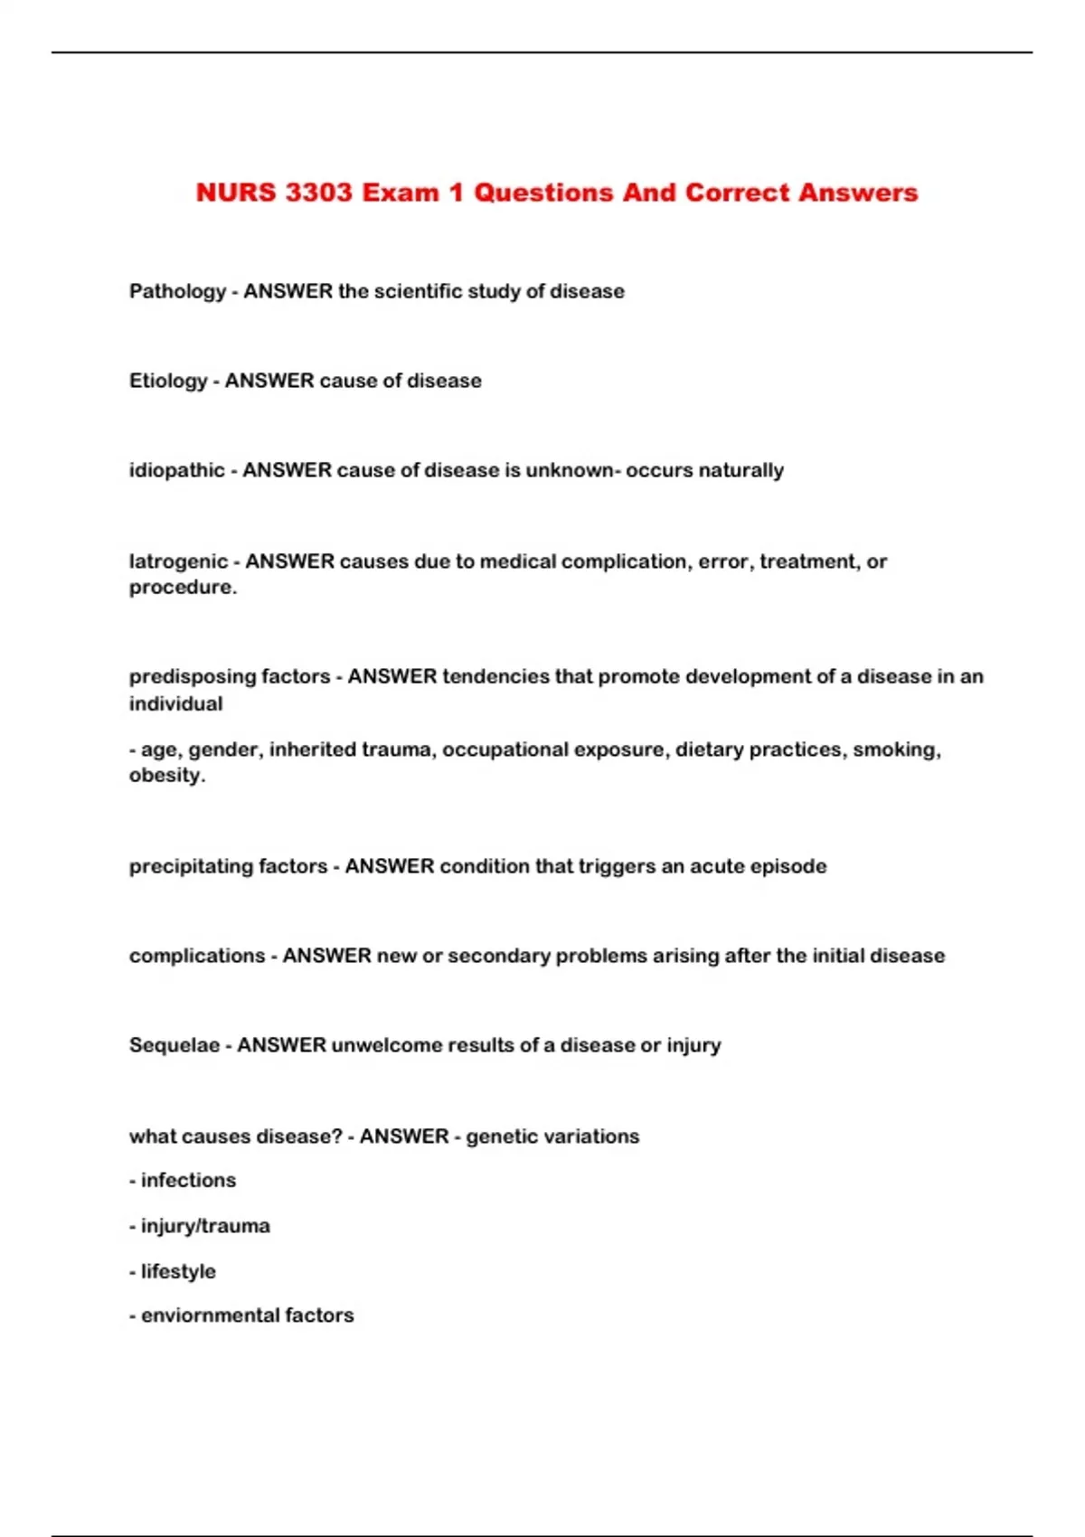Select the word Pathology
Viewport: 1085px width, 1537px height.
177,291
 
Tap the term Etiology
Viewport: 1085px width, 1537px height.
168,381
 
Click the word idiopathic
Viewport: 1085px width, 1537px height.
176,470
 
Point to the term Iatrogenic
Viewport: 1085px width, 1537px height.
178,561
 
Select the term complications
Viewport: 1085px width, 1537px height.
196,956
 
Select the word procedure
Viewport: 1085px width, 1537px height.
181,587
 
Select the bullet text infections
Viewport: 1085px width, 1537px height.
188,1180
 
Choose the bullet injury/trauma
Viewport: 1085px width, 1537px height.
205,1226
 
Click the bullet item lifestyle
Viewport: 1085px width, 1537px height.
178,1271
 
